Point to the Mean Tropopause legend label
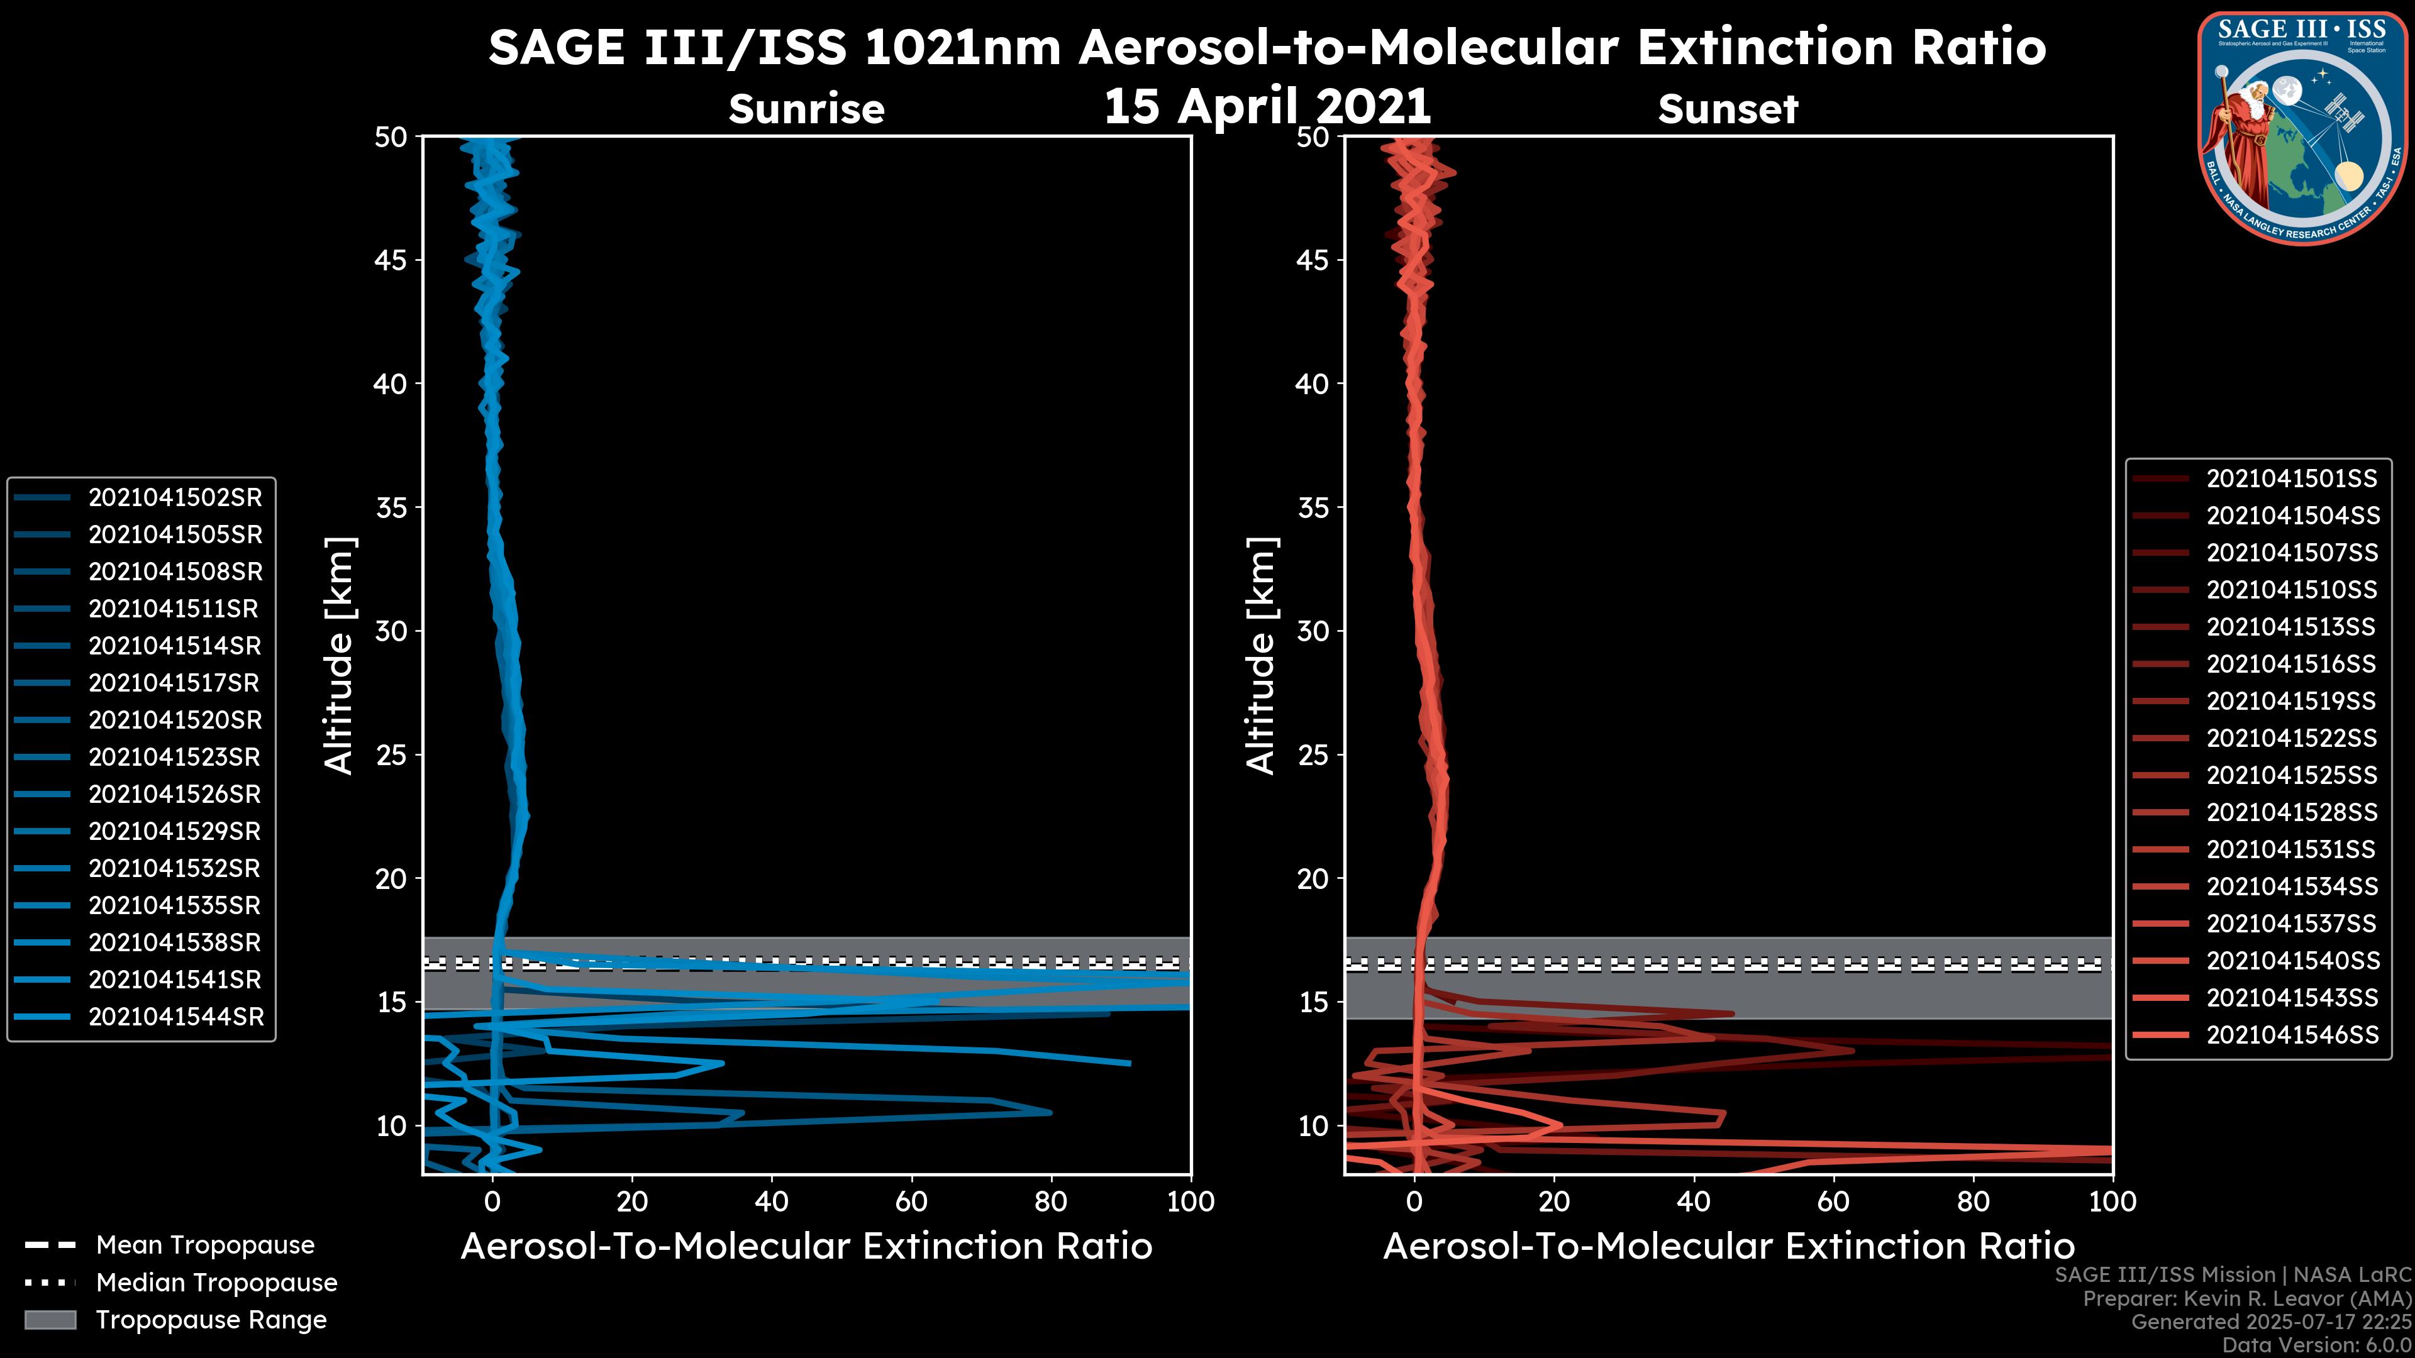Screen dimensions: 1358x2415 (205, 1245)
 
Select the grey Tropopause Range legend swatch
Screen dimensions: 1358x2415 (50, 1320)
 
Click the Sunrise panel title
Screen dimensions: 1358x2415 (806, 109)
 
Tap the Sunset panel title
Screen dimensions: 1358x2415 (1728, 109)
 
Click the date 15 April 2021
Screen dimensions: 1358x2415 (1267, 106)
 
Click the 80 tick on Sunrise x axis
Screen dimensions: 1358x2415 (1051, 1201)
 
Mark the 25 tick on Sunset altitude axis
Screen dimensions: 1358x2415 (1313, 754)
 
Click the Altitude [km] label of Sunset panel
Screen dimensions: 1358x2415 (1261, 656)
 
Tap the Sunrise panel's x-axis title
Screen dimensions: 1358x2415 (806, 1247)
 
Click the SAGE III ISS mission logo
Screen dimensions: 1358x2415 (2301, 128)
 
